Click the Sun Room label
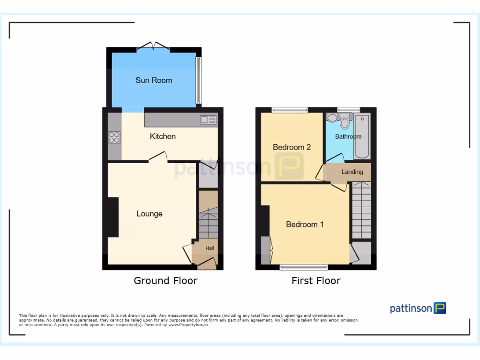coord(154,80)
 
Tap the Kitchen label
coord(163,136)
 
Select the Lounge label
coord(150,214)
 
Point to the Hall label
coord(209,248)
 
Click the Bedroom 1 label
coord(305,225)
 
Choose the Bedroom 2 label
coord(292,147)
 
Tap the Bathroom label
coord(348,136)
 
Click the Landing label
coord(352,172)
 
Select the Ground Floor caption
coord(165,281)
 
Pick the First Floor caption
coord(316,281)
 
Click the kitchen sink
coord(207,120)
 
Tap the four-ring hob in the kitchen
coord(114,137)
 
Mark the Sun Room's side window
coord(198,80)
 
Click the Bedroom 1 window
coord(304,267)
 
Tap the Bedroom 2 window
coord(289,110)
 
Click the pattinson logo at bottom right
coord(418,308)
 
